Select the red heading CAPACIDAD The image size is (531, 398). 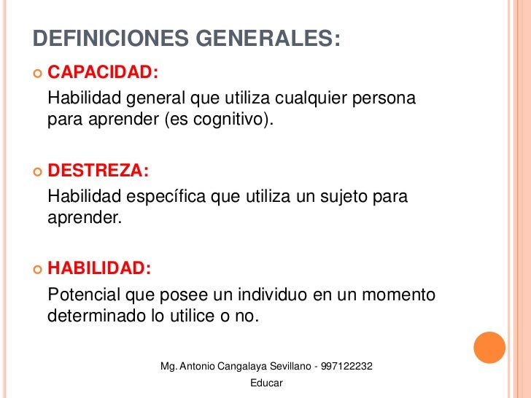pyautogui.click(x=102, y=73)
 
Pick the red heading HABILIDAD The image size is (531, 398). pyautogui.click(x=99, y=269)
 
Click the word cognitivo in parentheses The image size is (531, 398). pyautogui.click(x=234, y=120)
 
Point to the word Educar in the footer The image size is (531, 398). pyautogui.click(x=266, y=383)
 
